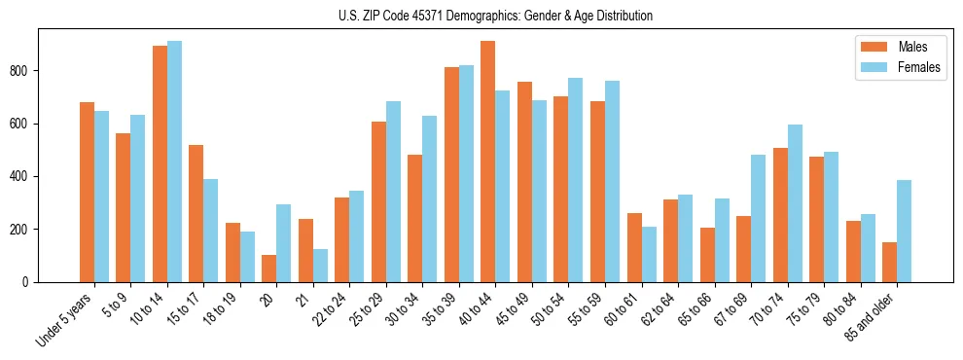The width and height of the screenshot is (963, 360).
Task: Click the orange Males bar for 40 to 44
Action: tap(488, 162)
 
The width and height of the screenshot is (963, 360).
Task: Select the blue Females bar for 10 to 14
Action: tap(174, 162)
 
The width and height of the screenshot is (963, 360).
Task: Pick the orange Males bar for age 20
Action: tap(269, 269)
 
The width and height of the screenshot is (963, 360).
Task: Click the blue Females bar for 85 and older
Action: tap(904, 231)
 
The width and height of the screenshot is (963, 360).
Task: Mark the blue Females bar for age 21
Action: tap(320, 266)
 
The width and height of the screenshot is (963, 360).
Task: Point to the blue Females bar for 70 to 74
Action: tap(795, 203)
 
